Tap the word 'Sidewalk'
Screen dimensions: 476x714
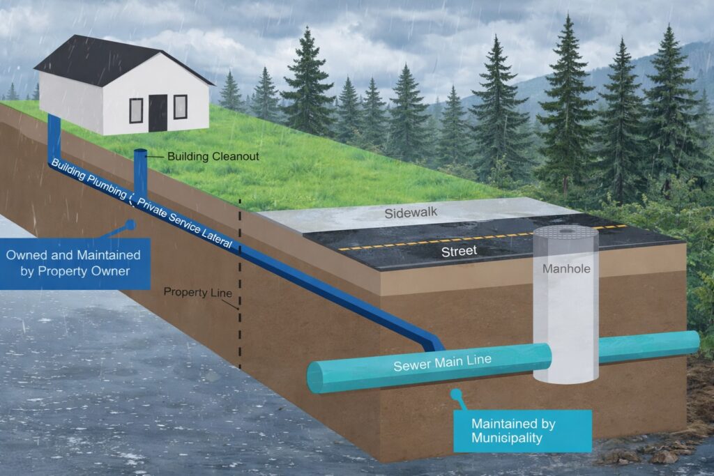pyautogui.click(x=411, y=213)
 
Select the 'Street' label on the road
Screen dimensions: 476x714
pyautogui.click(x=459, y=251)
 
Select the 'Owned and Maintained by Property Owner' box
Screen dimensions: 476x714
pyautogui.click(x=75, y=263)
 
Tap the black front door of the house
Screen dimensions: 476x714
pyautogui.click(x=158, y=113)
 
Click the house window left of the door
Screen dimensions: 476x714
pyautogui.click(x=136, y=110)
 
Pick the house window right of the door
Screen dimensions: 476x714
pyautogui.click(x=180, y=107)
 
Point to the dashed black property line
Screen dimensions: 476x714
pyautogui.click(x=240, y=279)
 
